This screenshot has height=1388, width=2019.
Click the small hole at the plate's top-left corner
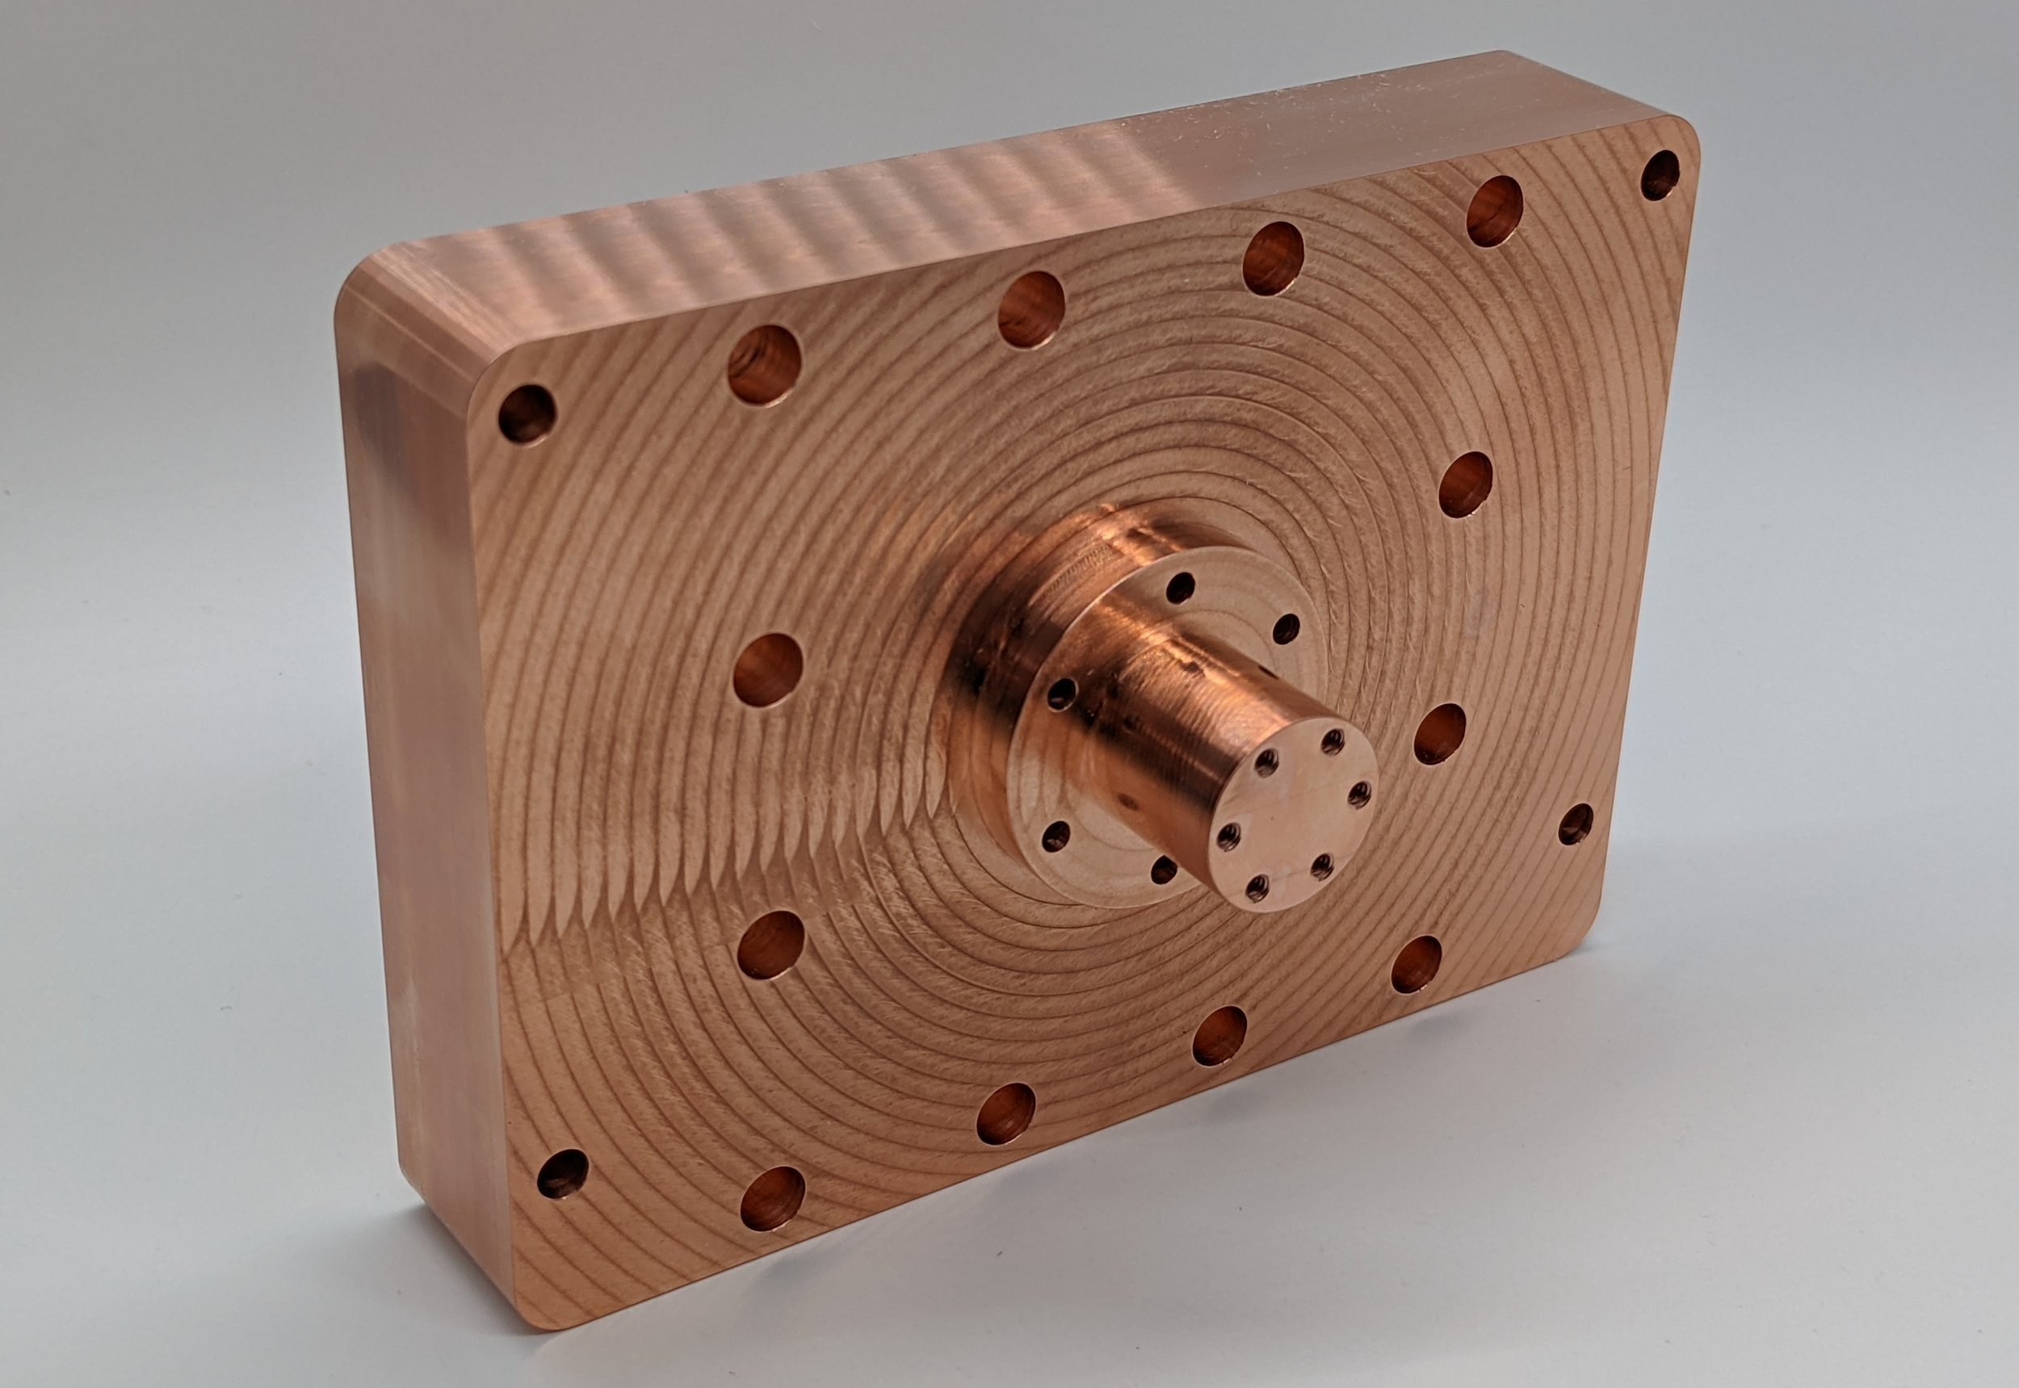click(x=527, y=415)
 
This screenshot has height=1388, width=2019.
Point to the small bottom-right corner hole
click(x=1575, y=824)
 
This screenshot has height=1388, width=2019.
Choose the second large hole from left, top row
click(x=1031, y=308)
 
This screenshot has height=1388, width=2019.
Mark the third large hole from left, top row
click(x=1274, y=258)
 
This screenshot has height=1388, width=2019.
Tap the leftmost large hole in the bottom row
click(x=772, y=1199)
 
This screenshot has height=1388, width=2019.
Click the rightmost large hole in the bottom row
click(x=1415, y=964)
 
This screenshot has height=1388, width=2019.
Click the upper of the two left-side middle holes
click(x=767, y=669)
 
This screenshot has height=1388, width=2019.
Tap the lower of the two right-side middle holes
click(x=1440, y=733)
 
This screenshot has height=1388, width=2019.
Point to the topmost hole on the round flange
click(x=1181, y=589)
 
